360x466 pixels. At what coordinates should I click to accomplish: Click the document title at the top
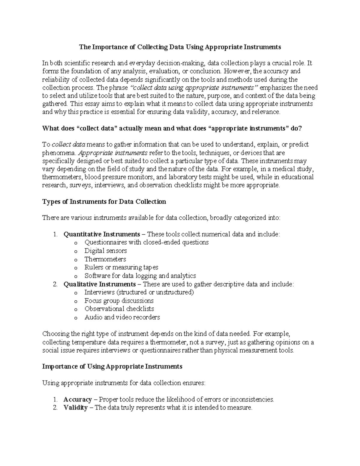pos(180,47)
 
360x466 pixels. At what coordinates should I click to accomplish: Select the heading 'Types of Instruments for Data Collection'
pos(104,202)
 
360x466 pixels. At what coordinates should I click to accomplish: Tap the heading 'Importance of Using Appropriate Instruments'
pos(112,366)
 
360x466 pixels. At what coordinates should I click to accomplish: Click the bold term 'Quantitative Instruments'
pos(102,234)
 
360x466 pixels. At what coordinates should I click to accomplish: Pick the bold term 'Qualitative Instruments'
pos(100,284)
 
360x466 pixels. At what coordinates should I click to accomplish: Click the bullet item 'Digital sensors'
pos(106,251)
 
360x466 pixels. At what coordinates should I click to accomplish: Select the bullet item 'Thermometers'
pos(105,259)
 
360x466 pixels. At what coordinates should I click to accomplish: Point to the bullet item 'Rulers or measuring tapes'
pos(121,267)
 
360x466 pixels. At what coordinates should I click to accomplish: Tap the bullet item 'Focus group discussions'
pos(119,301)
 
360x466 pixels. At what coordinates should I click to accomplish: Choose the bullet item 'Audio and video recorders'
pos(122,317)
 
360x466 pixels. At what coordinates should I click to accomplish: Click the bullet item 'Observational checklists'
pos(119,309)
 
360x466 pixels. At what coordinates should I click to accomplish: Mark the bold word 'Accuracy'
pos(78,399)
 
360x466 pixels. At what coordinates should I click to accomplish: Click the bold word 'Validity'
pos(76,407)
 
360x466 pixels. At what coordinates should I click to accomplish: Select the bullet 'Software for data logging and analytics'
pos(140,275)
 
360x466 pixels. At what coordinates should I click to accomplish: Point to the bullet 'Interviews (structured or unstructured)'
pos(139,292)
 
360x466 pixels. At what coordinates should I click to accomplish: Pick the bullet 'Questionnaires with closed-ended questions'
pos(146,242)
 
